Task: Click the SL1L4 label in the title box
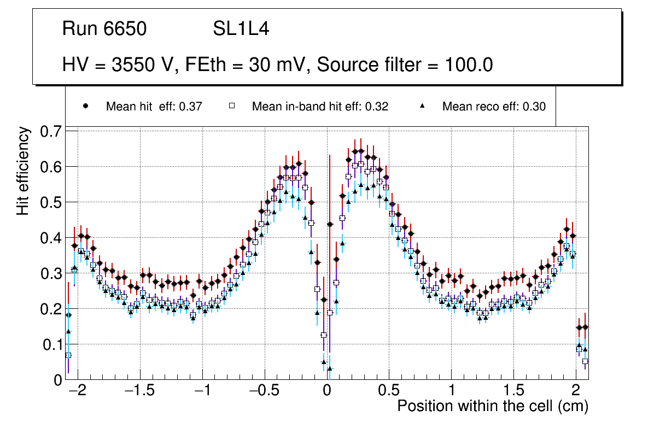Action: pyautogui.click(x=241, y=29)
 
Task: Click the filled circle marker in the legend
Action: pyautogui.click(x=85, y=107)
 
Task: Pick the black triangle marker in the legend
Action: pyautogui.click(x=422, y=107)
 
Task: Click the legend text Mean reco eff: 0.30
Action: pyautogui.click(x=494, y=107)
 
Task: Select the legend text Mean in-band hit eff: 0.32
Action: pyautogui.click(x=320, y=107)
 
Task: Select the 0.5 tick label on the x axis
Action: pyautogui.click(x=389, y=391)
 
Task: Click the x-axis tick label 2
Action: pyautogui.click(x=575, y=391)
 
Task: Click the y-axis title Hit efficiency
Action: pyautogui.click(x=23, y=171)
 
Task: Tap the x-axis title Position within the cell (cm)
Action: pyautogui.click(x=492, y=407)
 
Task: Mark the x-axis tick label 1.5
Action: pyautogui.click(x=513, y=391)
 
